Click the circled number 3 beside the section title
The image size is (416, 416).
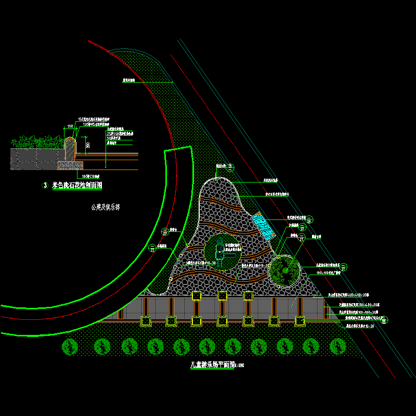pyautogui.click(x=45, y=185)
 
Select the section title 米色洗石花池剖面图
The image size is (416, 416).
pyautogui.click(x=77, y=185)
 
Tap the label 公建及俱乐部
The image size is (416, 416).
pyautogui.click(x=105, y=206)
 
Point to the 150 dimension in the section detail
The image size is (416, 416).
pyautogui.click(x=69, y=126)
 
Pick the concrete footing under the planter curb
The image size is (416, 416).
pyautogui.click(x=70, y=165)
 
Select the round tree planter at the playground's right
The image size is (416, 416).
pyautogui.click(x=284, y=270)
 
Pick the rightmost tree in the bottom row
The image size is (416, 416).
pyautogui.click(x=338, y=346)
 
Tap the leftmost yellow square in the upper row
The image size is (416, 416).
pyautogui.click(x=197, y=296)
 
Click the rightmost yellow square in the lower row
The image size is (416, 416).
pyautogui.click(x=300, y=321)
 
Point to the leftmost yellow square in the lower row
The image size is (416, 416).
pyautogui.click(x=145, y=321)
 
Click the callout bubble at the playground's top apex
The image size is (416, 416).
pyautogui.click(x=230, y=167)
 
